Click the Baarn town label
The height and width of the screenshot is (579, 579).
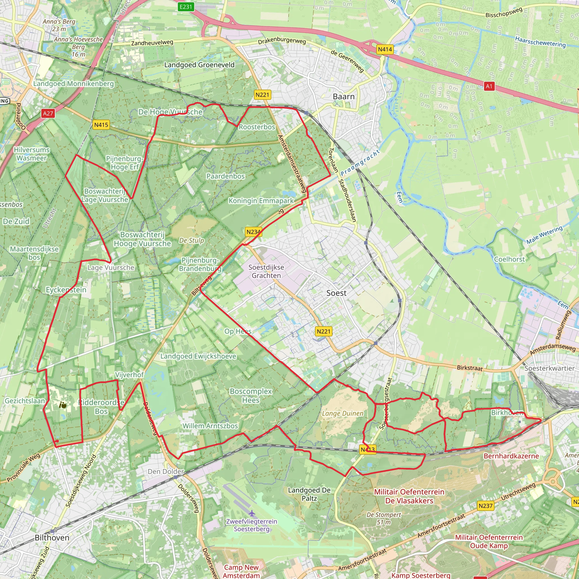(343, 96)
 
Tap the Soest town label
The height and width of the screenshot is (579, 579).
(336, 293)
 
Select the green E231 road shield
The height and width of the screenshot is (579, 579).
(185, 7)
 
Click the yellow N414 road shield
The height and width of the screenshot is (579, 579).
(385, 49)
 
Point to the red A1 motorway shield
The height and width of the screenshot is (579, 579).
(489, 86)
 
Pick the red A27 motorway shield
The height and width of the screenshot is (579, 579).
(48, 113)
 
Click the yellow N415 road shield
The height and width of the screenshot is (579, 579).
(101, 125)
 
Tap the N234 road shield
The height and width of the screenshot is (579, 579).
(254, 232)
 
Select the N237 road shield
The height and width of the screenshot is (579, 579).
(485, 506)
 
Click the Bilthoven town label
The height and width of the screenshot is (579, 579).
(52, 537)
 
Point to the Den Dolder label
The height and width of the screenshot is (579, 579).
(166, 471)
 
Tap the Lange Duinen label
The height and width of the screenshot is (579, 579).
(343, 414)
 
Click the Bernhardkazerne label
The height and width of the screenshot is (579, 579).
(511, 456)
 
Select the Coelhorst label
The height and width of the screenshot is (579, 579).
(509, 259)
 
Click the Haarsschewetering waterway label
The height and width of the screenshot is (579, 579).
(540, 42)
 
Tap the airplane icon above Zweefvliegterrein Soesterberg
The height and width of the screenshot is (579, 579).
(252, 513)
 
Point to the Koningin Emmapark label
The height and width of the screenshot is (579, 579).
(261, 200)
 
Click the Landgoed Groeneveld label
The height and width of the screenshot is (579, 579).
(199, 65)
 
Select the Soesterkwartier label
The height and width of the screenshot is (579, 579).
(550, 368)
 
